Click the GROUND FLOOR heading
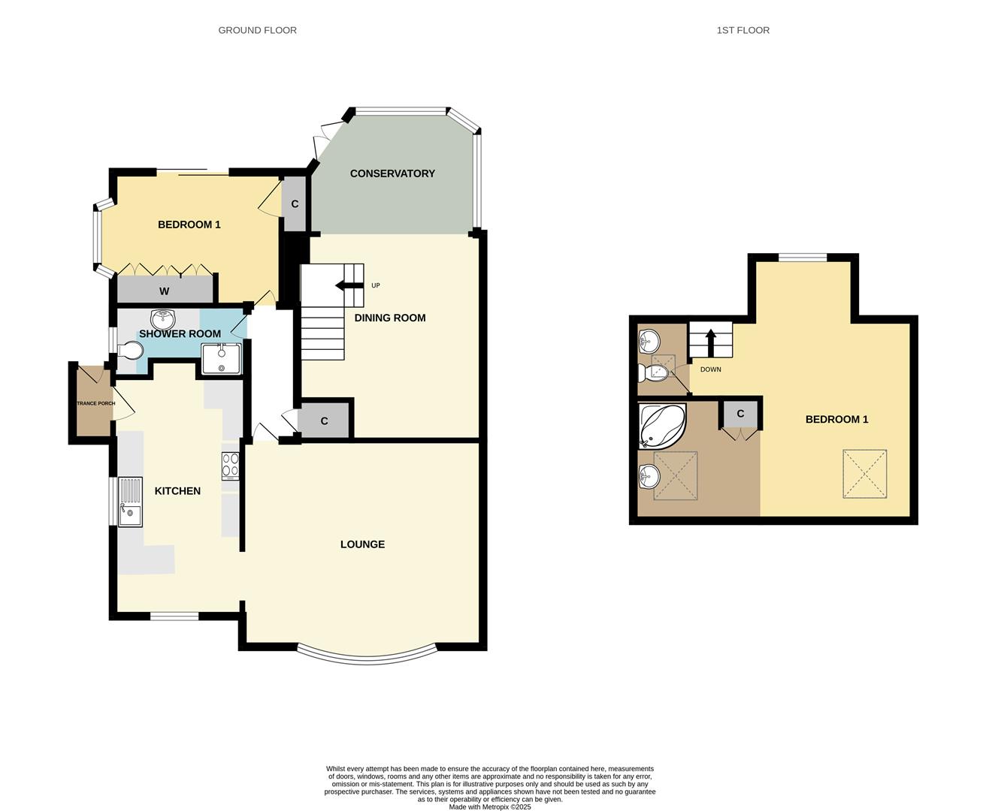[x=257, y=30]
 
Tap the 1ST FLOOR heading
[x=743, y=30]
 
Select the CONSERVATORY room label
[x=392, y=173]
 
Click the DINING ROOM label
[x=390, y=318]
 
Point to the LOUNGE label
[x=362, y=544]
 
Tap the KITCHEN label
[x=177, y=491]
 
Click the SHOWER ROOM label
[x=180, y=334]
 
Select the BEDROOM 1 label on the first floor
[x=836, y=419]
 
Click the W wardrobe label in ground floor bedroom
[x=164, y=291]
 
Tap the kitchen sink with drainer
[x=130, y=502]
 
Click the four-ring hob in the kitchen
[x=230, y=466]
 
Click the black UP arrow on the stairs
[x=349, y=285]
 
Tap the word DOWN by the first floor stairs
[x=710, y=369]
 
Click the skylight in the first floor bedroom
[x=864, y=473]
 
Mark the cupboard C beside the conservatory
[x=295, y=204]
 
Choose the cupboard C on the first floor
[x=740, y=414]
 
